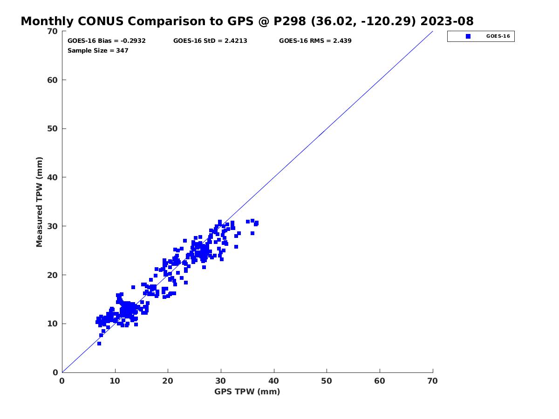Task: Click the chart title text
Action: point(247,21)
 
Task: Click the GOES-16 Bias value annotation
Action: point(107,41)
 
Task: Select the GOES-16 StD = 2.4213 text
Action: point(210,41)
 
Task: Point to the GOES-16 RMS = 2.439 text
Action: point(315,41)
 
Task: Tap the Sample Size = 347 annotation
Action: point(98,51)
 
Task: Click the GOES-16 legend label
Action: point(498,36)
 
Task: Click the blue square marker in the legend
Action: point(468,36)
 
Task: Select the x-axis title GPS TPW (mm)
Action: point(247,392)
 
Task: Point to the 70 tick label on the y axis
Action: point(53,32)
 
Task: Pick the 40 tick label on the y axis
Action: point(53,177)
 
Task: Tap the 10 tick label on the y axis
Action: point(53,324)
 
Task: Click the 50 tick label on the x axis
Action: point(327,381)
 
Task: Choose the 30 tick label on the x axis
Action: point(221,381)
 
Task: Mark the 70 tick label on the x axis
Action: point(433,381)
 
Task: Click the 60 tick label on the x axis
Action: point(380,381)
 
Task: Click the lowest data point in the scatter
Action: point(99,344)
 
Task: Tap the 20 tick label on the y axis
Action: point(53,275)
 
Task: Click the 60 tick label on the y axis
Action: point(53,80)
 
